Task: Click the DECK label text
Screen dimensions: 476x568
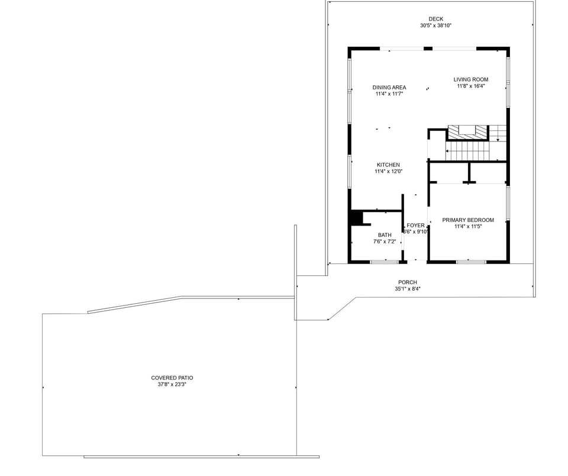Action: pyautogui.click(x=435, y=19)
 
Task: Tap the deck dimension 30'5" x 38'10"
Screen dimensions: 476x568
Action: pyautogui.click(x=435, y=25)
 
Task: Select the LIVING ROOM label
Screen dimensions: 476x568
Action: pyautogui.click(x=471, y=79)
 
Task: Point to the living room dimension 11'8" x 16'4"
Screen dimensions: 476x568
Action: pyautogui.click(x=471, y=86)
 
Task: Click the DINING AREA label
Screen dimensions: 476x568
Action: pyautogui.click(x=389, y=88)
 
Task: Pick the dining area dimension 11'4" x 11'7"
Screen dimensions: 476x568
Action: pyautogui.click(x=389, y=94)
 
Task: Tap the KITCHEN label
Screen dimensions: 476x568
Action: pyautogui.click(x=389, y=165)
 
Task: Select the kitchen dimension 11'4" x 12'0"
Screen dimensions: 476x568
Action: pyautogui.click(x=389, y=172)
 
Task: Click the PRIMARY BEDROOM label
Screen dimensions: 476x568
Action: pyautogui.click(x=468, y=220)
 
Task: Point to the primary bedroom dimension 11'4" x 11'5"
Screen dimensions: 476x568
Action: pyautogui.click(x=468, y=227)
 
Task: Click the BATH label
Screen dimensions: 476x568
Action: pyautogui.click(x=385, y=235)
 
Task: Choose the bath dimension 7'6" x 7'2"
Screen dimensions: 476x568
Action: pyautogui.click(x=385, y=242)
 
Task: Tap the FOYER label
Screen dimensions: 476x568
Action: pyautogui.click(x=415, y=226)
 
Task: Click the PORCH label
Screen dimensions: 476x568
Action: pyautogui.click(x=408, y=282)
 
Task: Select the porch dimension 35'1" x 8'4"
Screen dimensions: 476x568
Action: pyautogui.click(x=408, y=289)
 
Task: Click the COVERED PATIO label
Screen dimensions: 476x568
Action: pyautogui.click(x=172, y=378)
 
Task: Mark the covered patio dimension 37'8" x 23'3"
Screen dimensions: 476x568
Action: pyautogui.click(x=172, y=384)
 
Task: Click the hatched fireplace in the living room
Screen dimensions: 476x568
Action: pyautogui.click(x=467, y=132)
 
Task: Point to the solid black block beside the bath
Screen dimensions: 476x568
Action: pyautogui.click(x=356, y=218)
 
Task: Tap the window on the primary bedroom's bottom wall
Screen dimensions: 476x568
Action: pyautogui.click(x=471, y=261)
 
